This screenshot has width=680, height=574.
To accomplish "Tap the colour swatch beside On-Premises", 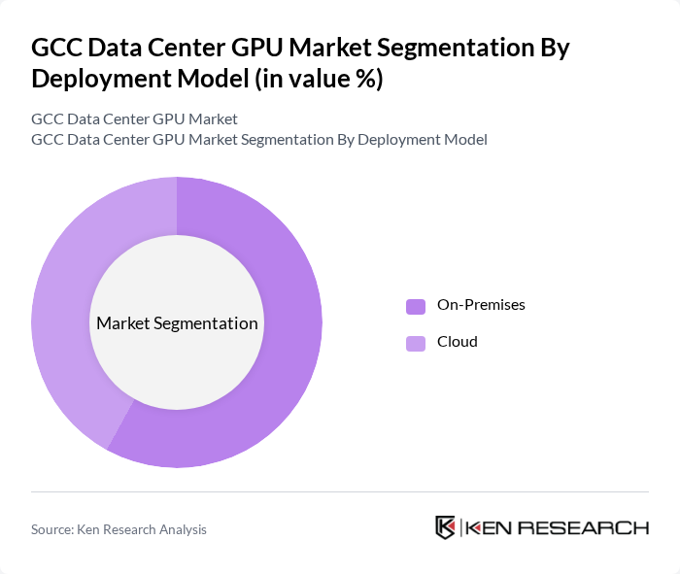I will tap(416, 306).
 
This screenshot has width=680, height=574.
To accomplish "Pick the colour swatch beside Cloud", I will tap(416, 343).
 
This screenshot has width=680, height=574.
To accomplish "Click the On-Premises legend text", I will tap(481, 305).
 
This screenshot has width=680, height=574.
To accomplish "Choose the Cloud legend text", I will tap(457, 342).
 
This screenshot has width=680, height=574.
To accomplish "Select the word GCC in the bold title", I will tap(56, 48).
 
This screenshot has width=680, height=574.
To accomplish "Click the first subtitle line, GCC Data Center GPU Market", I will tap(134, 119).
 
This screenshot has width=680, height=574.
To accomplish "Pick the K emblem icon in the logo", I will tap(445, 527).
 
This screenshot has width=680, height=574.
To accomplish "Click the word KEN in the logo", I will tap(490, 528).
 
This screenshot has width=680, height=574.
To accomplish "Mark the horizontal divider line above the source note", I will tap(340, 492).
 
